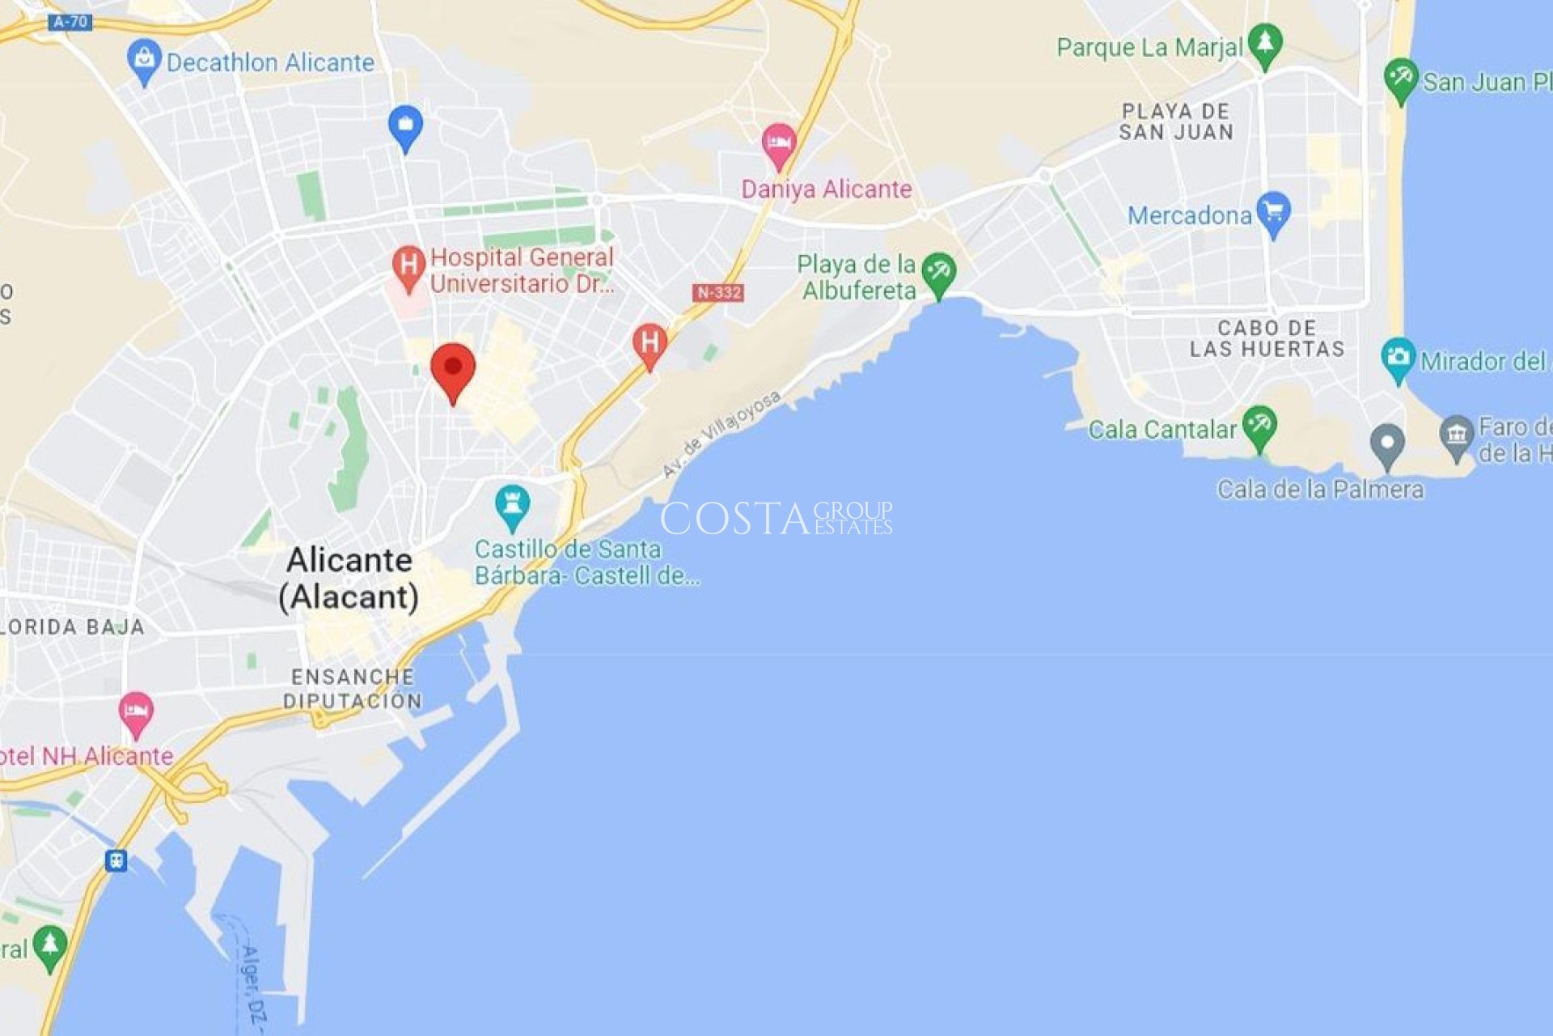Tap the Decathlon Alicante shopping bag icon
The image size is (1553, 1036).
145,59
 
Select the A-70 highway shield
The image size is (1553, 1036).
70,22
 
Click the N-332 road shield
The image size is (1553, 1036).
717,292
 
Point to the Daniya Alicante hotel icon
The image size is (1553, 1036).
779,143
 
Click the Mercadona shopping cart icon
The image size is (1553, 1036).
1273,212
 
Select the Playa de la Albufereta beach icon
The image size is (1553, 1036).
938,272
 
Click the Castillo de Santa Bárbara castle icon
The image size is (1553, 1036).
512,504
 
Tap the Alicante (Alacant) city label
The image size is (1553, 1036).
349,578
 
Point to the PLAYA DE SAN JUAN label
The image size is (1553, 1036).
1176,121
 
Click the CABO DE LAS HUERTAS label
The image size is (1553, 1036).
1267,338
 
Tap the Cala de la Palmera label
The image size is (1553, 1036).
1320,489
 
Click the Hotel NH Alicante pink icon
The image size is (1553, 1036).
136,711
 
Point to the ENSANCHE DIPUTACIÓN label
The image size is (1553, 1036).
353,689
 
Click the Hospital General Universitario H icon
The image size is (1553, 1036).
408,265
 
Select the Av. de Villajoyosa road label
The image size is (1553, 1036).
721,433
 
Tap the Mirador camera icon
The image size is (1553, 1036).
1398,357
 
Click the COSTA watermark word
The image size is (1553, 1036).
734,518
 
